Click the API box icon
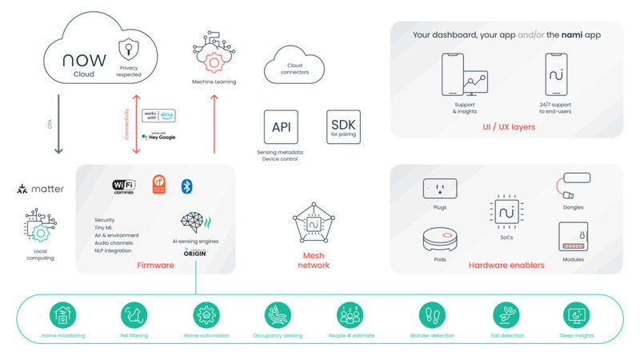point(281,126)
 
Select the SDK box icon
point(343,126)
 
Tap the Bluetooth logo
point(187,186)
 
